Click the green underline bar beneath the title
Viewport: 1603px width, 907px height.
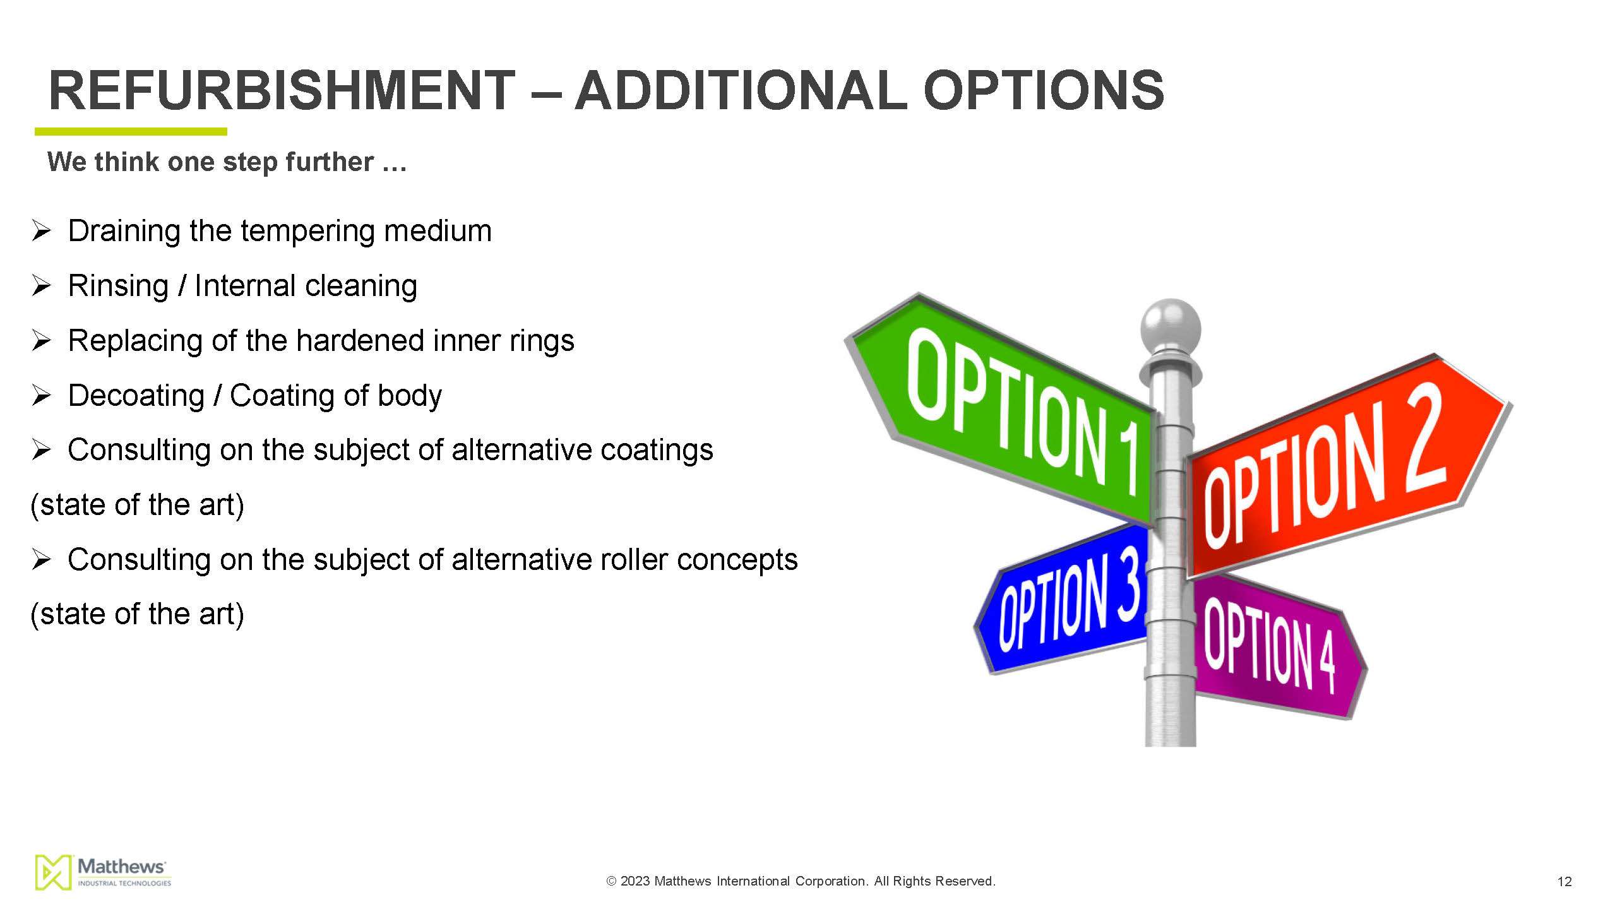point(131,131)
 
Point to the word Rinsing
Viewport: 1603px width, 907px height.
point(118,287)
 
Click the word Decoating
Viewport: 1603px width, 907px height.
point(136,396)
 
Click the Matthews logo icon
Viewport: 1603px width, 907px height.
point(53,872)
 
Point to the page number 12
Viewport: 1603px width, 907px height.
point(1564,882)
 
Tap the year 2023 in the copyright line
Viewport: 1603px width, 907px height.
point(635,881)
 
